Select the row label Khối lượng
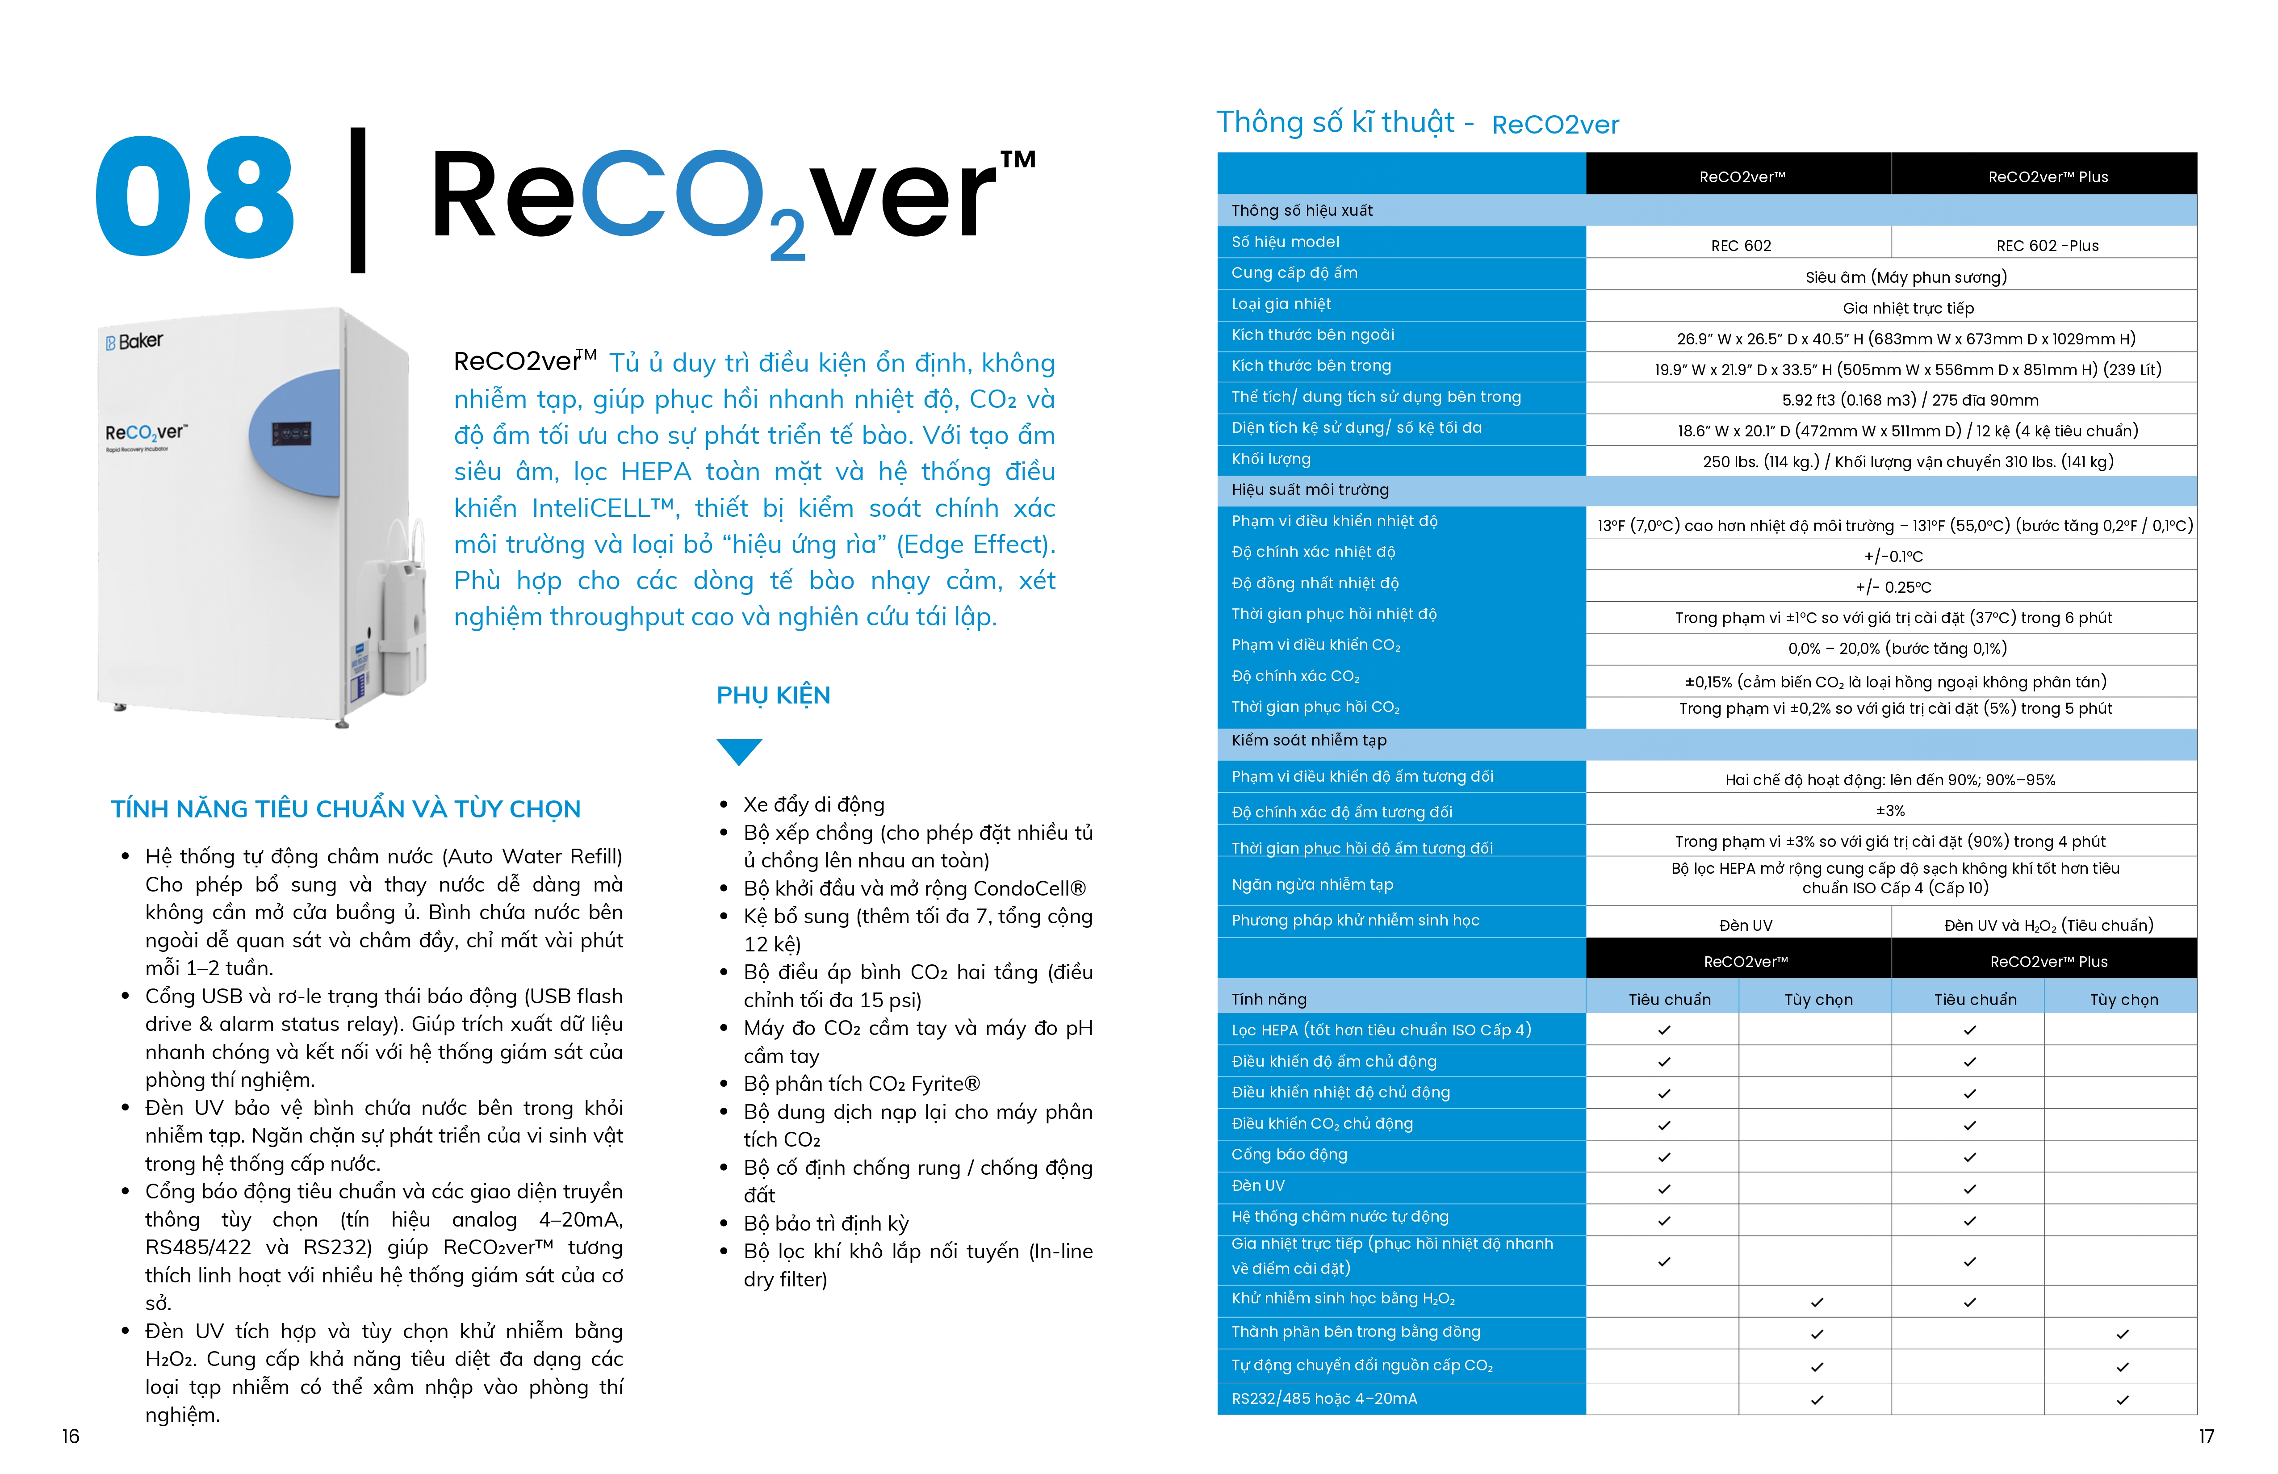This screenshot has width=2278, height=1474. [1271, 460]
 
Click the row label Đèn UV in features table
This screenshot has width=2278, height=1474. [1258, 1186]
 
